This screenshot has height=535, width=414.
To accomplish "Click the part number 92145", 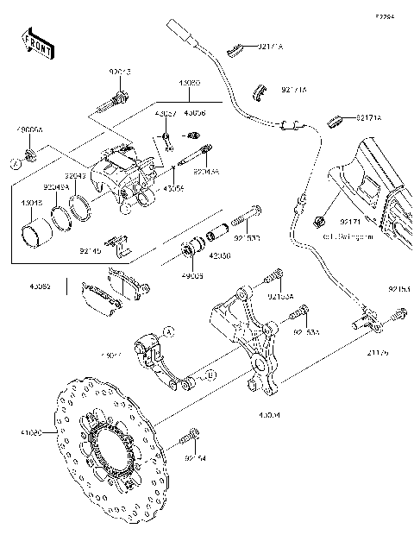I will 90,251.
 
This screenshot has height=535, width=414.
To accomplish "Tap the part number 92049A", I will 57,185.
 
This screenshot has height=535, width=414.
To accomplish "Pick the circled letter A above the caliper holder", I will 170,330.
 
